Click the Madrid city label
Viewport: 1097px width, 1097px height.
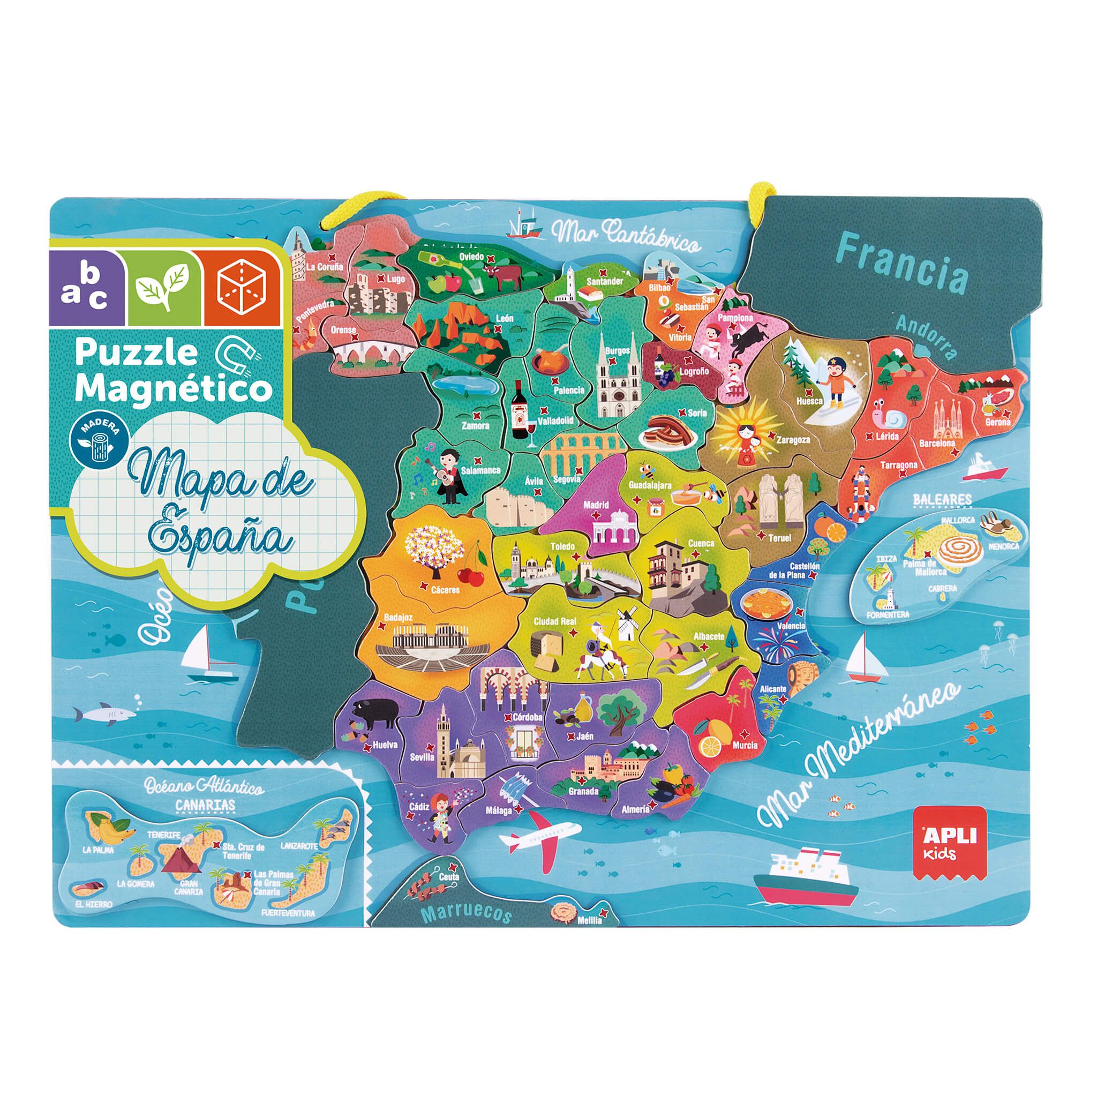[x=596, y=504]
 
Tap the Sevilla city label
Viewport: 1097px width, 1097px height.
[x=422, y=757]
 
